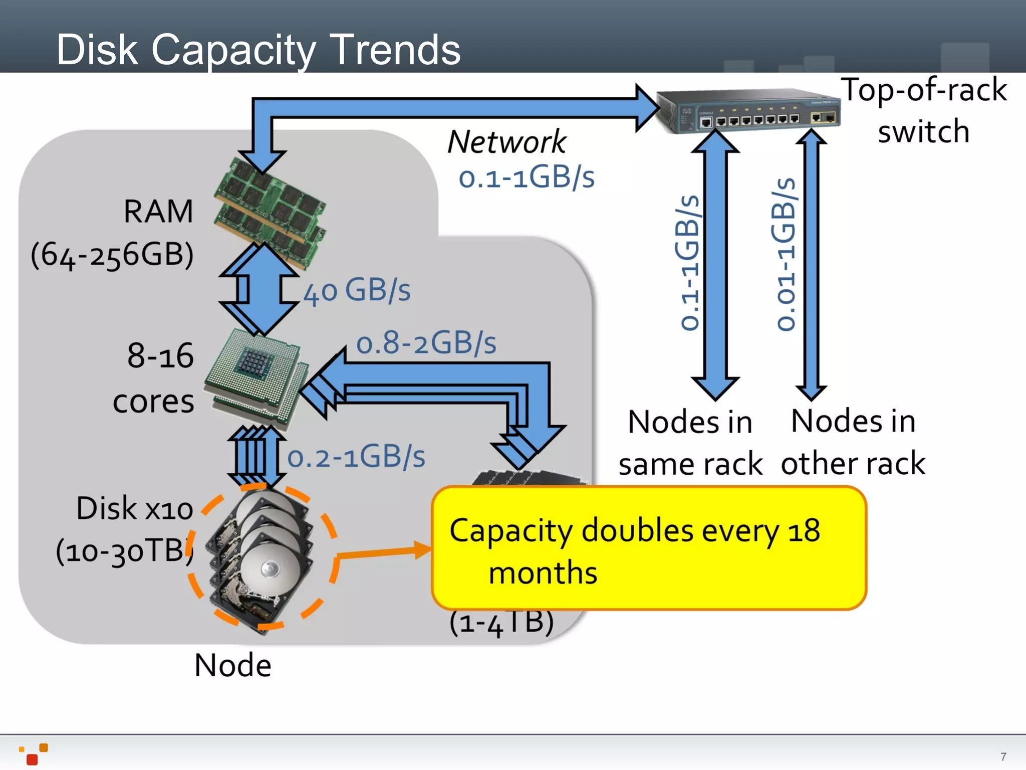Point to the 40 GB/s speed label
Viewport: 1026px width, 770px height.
tap(357, 291)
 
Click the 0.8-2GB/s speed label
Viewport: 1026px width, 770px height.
tap(426, 343)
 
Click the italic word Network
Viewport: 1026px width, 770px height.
tap(506, 142)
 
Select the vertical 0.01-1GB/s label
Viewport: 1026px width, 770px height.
tap(785, 255)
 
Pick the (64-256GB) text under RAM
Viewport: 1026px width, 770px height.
tap(112, 255)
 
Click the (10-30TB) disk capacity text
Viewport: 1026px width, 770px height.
tap(124, 551)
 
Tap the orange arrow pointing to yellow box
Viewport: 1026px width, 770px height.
tap(383, 552)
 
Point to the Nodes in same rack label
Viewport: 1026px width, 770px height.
tap(690, 443)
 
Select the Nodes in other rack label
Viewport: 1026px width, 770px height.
tap(853, 442)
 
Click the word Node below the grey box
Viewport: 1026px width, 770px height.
tap(233, 666)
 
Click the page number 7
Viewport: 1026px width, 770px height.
tap(1003, 756)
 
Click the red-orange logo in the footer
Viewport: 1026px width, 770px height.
tap(34, 754)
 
